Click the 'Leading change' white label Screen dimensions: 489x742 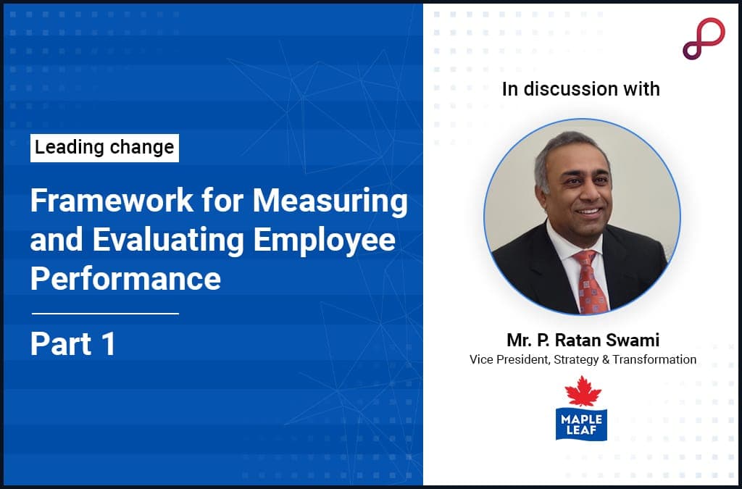tap(104, 148)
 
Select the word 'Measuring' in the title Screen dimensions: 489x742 tap(330, 201)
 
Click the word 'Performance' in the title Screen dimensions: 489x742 tap(125, 279)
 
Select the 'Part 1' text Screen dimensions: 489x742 tap(72, 344)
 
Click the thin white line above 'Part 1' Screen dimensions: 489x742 tap(105, 314)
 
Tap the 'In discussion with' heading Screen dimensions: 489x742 tap(581, 89)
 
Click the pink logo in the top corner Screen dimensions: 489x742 tap(703, 38)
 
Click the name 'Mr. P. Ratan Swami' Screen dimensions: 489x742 tap(583, 340)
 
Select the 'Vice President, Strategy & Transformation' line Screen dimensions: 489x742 tap(583, 359)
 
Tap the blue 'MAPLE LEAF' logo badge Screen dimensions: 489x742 tap(581, 424)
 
